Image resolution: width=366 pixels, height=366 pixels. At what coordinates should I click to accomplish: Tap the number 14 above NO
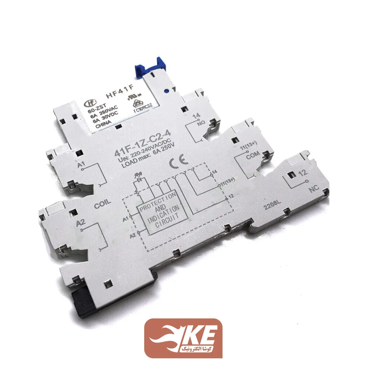coord(197,116)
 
